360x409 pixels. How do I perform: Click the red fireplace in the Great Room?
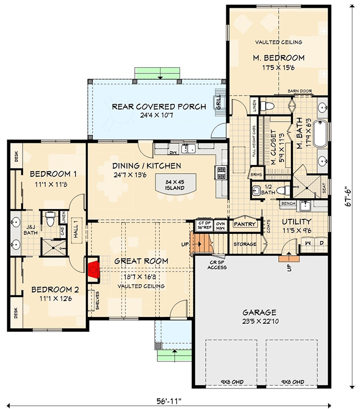(93, 270)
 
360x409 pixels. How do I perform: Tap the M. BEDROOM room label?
(278, 58)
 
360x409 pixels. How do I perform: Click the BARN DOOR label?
(300, 91)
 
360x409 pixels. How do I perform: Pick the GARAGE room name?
(260, 312)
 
